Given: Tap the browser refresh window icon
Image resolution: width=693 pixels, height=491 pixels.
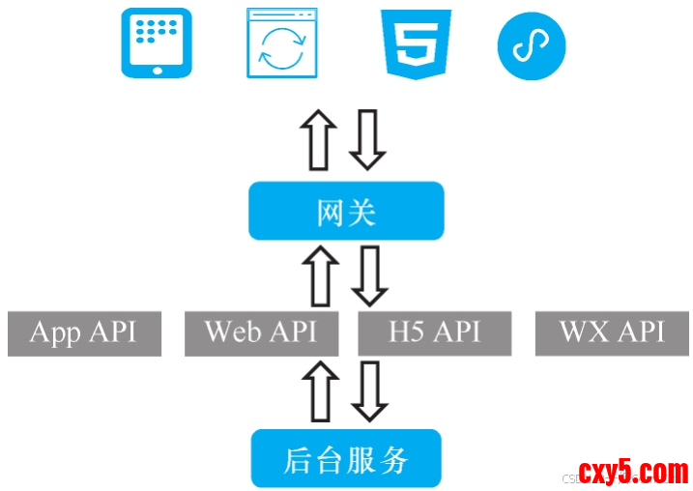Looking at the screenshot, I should coord(282,43).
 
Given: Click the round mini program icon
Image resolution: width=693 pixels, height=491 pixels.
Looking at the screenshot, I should coord(531,44).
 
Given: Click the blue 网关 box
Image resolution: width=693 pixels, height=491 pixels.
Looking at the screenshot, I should coord(346,211).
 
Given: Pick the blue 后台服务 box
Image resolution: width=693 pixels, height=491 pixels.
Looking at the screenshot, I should coord(346,459).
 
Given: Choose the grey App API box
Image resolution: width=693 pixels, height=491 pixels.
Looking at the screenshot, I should coord(84,333).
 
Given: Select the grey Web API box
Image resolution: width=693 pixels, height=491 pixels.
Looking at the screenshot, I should coord(261,333).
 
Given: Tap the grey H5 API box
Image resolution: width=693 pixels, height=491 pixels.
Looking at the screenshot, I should coord(435,333).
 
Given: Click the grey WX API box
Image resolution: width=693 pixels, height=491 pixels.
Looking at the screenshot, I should coord(613,333).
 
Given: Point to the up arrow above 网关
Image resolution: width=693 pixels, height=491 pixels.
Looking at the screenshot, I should coord(318,140).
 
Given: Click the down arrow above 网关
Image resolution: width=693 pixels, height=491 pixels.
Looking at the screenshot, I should coord(367,140).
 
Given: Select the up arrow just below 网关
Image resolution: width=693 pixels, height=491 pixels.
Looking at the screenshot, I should coord(319,275).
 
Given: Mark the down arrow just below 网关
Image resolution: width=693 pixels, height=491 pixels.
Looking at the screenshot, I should coord(368,275).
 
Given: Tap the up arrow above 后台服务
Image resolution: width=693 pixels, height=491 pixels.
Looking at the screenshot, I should coord(319,391).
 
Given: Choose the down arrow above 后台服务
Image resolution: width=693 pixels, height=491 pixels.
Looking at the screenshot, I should coord(368,391).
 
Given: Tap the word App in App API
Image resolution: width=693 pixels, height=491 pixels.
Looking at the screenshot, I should coord(54,333).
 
